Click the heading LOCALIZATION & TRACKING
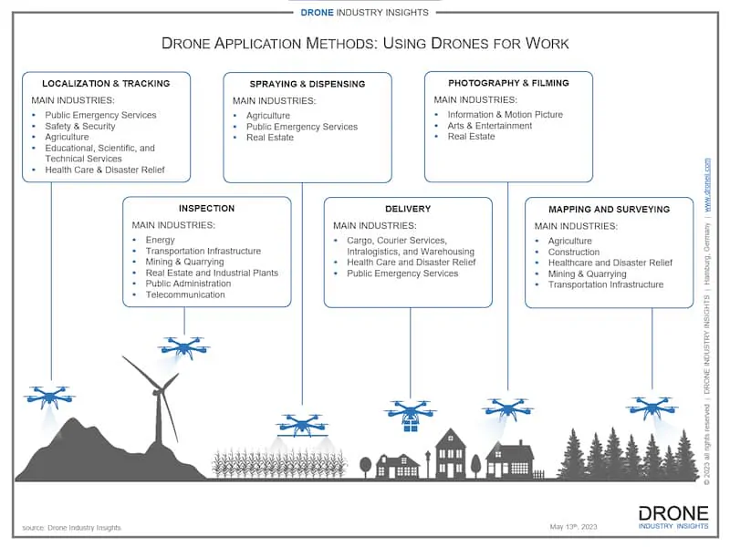[x=106, y=84]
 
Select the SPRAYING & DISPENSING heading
[x=308, y=84]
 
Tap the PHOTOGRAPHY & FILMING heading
[x=508, y=83]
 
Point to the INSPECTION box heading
[x=206, y=209]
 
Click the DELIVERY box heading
[x=408, y=209]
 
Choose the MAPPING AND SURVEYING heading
[x=609, y=209]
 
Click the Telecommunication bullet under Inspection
[x=184, y=294]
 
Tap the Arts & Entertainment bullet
[x=489, y=126]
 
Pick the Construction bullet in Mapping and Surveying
[x=573, y=252]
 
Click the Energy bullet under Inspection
[x=160, y=240]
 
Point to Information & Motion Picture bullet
[x=505, y=115]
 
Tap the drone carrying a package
[x=411, y=414]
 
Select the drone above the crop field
[x=302, y=423]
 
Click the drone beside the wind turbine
[x=184, y=346]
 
